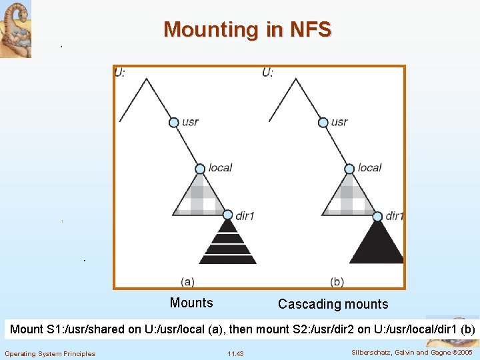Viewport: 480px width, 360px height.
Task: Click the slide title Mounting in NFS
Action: click(247, 30)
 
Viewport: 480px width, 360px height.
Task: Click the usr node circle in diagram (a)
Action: click(173, 123)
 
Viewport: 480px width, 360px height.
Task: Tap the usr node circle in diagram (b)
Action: click(323, 123)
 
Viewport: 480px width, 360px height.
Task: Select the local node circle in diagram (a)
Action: click(200, 169)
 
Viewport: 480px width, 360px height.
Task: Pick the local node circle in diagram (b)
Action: click(349, 169)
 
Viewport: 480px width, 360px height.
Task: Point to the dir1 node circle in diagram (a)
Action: click(228, 215)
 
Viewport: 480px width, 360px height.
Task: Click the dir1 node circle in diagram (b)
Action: click(377, 215)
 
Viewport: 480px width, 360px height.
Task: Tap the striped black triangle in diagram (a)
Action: click(227, 244)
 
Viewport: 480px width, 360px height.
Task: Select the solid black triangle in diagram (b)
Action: click(377, 244)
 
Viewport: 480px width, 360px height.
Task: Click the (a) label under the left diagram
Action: click(188, 281)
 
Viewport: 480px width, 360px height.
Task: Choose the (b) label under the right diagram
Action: click(337, 281)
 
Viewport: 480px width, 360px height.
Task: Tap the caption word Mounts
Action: click(191, 303)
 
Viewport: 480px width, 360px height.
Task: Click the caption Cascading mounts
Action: click(333, 305)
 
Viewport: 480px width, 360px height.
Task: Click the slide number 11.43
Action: click(235, 353)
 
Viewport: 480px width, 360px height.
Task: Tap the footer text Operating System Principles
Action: click(50, 353)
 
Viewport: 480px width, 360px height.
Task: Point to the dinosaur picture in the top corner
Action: click(15, 29)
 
